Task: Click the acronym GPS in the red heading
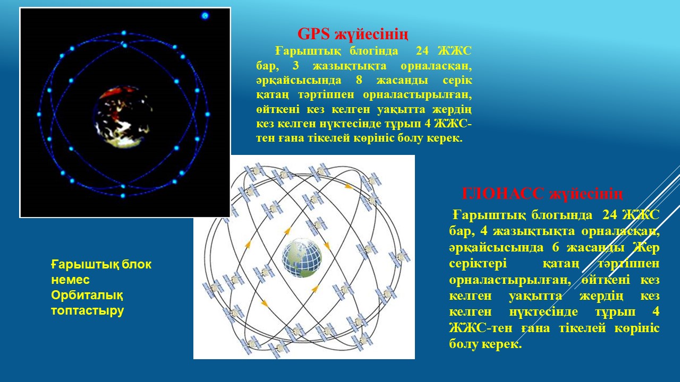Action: tap(313, 34)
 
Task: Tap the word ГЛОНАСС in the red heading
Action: tap(503, 194)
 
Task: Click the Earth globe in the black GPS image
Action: tap(123, 117)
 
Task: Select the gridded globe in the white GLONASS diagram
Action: tap(302, 258)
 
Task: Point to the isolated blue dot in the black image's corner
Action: tap(205, 15)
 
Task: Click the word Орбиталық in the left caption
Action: tap(87, 295)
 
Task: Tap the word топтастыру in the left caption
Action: tap(88, 311)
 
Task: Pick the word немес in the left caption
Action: tap(71, 280)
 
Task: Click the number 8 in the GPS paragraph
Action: tap(359, 80)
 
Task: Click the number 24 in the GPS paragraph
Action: tap(422, 50)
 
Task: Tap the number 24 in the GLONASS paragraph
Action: tap(610, 215)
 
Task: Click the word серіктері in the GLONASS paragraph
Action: tap(478, 263)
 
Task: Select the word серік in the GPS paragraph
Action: tap(457, 80)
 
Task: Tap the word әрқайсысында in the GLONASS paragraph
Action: tap(496, 248)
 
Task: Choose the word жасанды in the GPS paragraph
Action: tap(403, 80)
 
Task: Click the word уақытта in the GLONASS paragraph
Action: tap(535, 296)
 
